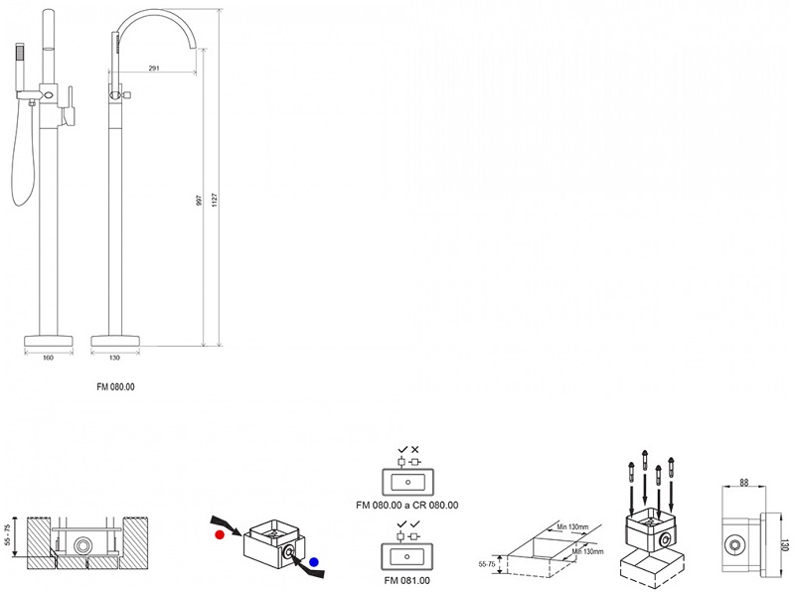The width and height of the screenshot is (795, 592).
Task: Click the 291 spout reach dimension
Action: point(155,69)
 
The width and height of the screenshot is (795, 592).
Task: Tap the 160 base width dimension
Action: point(48,358)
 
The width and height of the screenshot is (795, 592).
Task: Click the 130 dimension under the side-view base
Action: point(114,358)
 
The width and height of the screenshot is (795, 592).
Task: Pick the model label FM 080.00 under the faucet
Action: point(115,386)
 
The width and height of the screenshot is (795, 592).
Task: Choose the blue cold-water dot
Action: point(314,561)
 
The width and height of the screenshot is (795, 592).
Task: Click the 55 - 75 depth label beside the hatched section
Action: point(9,537)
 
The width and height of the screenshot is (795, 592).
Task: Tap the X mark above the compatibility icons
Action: point(415,449)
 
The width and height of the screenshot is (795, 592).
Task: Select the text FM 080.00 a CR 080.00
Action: point(406,505)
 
